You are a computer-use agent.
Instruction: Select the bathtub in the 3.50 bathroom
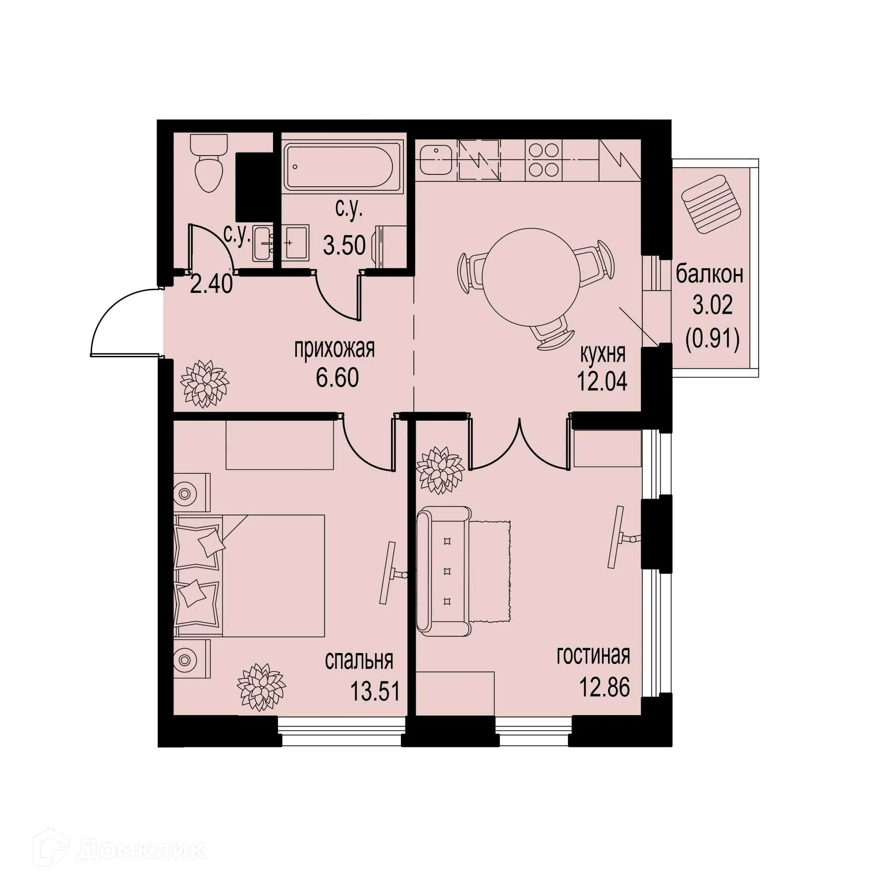tap(338, 167)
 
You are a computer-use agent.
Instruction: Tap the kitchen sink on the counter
tap(437, 161)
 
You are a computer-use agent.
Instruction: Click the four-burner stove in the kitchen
tap(544, 160)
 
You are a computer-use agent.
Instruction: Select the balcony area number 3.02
tap(712, 307)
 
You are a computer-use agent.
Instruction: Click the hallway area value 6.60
tap(337, 379)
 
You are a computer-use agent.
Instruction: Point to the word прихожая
tap(334, 349)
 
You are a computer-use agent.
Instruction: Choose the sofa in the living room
tap(444, 571)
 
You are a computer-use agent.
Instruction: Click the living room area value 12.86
tap(605, 688)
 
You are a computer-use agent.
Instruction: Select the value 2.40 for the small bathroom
tap(211, 284)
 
